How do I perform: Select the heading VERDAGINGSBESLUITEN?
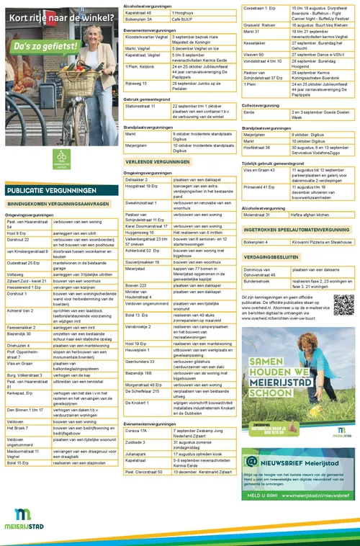point(274,256)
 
